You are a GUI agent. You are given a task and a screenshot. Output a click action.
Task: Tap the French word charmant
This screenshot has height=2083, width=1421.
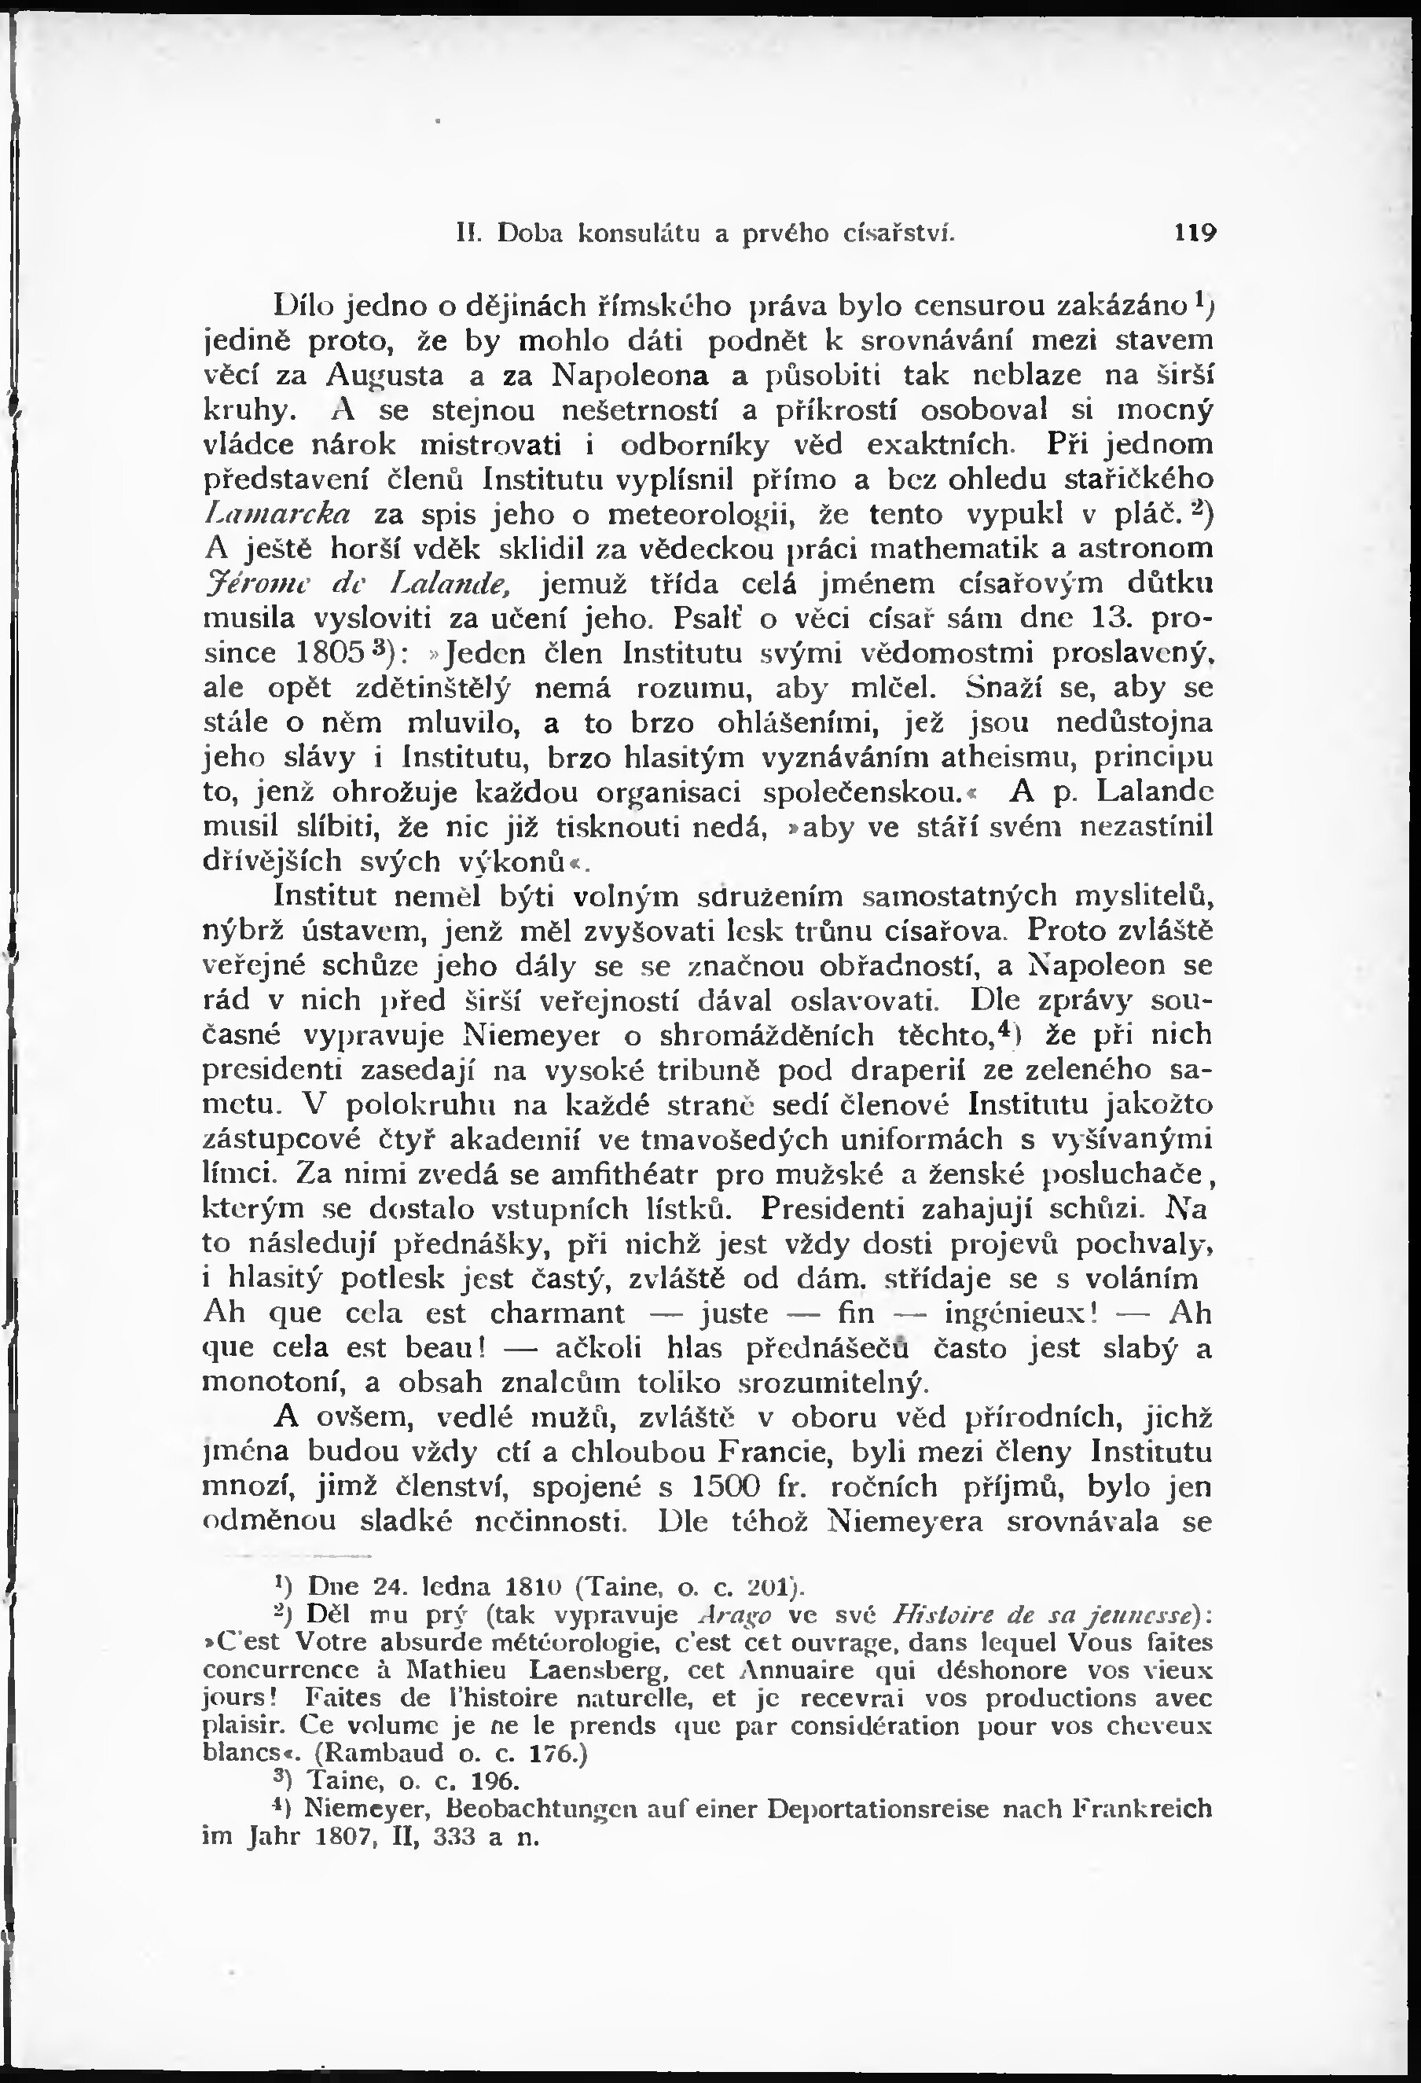[x=556, y=1313]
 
